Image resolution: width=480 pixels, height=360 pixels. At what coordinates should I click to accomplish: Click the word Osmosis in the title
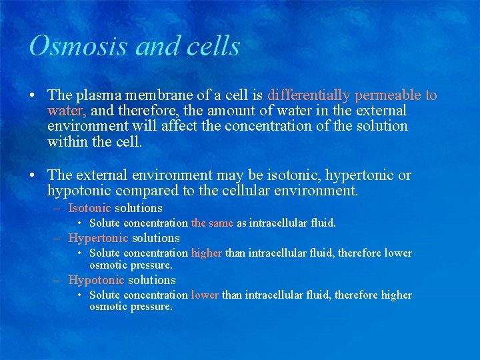click(67, 47)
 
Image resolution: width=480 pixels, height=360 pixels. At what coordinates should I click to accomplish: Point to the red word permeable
click(389, 95)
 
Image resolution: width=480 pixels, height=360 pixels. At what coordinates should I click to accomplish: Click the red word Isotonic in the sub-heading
click(89, 208)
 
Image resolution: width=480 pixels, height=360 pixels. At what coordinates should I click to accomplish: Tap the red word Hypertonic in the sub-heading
click(98, 238)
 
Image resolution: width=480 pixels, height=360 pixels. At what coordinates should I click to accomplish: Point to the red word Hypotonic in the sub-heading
click(96, 281)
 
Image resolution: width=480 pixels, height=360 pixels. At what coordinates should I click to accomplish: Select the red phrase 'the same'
click(212, 223)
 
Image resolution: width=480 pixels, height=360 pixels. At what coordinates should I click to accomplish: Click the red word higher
click(206, 253)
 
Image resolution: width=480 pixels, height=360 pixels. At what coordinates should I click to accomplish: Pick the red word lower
click(205, 295)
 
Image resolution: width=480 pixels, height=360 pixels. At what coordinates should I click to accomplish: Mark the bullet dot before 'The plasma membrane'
click(32, 96)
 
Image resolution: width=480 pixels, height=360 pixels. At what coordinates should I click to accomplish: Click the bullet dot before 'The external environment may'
click(32, 176)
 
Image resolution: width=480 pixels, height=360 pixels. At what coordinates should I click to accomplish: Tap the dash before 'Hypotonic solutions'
click(58, 281)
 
